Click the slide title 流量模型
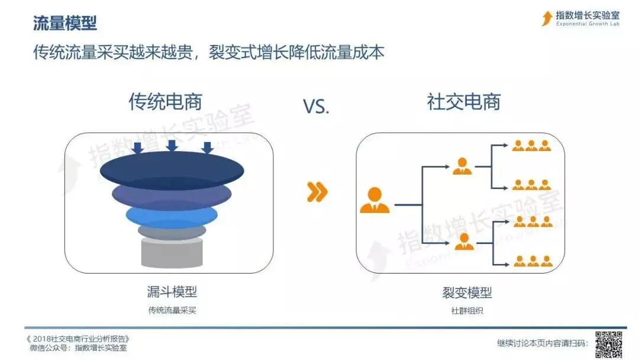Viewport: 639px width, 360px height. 65,24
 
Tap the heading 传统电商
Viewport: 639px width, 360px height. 166,102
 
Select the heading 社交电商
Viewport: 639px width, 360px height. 464,102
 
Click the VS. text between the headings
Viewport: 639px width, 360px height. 315,107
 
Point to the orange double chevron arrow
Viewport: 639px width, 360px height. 317,192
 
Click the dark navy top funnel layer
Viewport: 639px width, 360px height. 171,169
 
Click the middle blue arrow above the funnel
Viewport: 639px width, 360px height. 172,146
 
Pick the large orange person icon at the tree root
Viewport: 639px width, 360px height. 375,200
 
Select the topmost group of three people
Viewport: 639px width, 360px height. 531,146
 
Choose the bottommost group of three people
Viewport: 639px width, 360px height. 531,261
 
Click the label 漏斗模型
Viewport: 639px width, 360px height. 172,291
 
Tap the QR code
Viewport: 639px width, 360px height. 609,343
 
